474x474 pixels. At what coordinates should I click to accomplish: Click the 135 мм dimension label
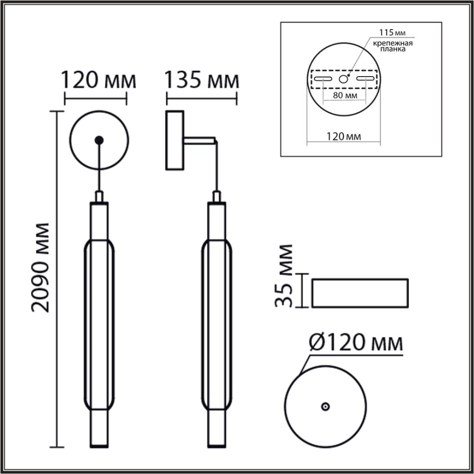point(201,81)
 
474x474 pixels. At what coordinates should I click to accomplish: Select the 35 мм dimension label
point(284,276)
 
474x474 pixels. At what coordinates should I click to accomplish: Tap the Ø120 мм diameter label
point(355,342)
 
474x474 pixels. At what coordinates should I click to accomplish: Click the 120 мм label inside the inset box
point(344,137)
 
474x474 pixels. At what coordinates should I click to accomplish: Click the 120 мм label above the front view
point(98,81)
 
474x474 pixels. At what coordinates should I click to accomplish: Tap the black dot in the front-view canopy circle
point(99,140)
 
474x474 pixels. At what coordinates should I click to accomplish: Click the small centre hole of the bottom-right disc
point(325,407)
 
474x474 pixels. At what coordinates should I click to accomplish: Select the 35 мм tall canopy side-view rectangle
point(360,293)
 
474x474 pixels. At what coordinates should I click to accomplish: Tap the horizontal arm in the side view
point(199,141)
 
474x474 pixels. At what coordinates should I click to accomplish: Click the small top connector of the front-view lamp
point(99,196)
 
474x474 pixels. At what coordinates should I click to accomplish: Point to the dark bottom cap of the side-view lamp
point(217,446)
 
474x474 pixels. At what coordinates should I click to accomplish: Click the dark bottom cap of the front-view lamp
point(99,446)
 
